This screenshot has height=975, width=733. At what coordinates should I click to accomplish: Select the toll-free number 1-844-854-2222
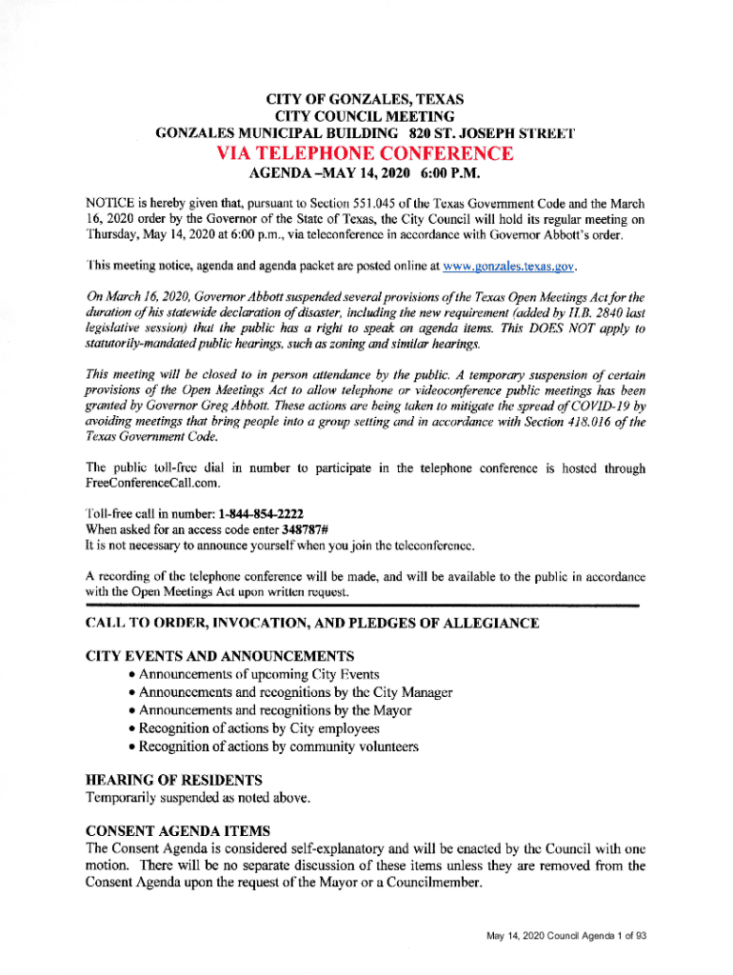[x=264, y=513]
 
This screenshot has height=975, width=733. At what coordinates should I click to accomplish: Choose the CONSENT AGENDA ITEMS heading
[x=178, y=829]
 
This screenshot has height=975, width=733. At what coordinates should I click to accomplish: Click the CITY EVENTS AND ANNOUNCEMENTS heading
[x=219, y=656]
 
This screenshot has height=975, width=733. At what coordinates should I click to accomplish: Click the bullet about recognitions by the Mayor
[x=275, y=710]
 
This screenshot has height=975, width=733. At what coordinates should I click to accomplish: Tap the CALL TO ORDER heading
[x=311, y=624]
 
